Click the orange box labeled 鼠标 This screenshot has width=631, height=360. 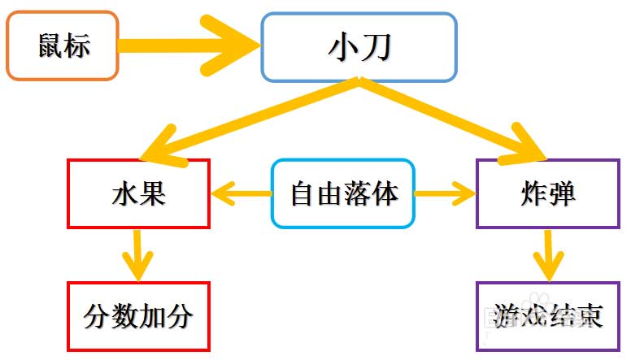[x=63, y=46]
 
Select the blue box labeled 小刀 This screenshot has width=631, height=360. [x=359, y=47]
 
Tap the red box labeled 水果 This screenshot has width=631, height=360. [x=138, y=193]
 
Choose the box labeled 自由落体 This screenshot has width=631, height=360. [x=342, y=193]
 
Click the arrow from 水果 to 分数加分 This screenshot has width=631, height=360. [x=138, y=254]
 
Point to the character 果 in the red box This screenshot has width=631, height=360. [x=153, y=194]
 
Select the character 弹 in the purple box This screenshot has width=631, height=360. [x=562, y=194]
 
